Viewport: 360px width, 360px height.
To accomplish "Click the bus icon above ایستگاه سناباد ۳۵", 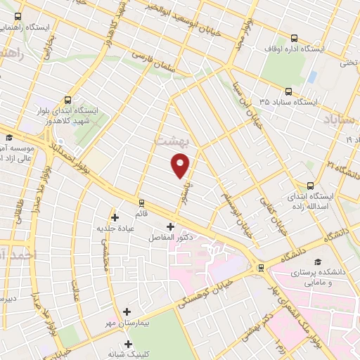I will coord(288,91).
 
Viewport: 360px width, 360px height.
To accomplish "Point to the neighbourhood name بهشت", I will coord(170,139).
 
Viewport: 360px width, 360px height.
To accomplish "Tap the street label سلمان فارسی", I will coord(150,58).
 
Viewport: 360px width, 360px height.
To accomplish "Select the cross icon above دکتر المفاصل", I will coord(170,226).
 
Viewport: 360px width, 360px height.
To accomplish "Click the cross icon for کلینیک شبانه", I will coord(128,344).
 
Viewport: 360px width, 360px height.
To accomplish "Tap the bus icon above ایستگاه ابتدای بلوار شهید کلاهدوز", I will coord(67,100).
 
